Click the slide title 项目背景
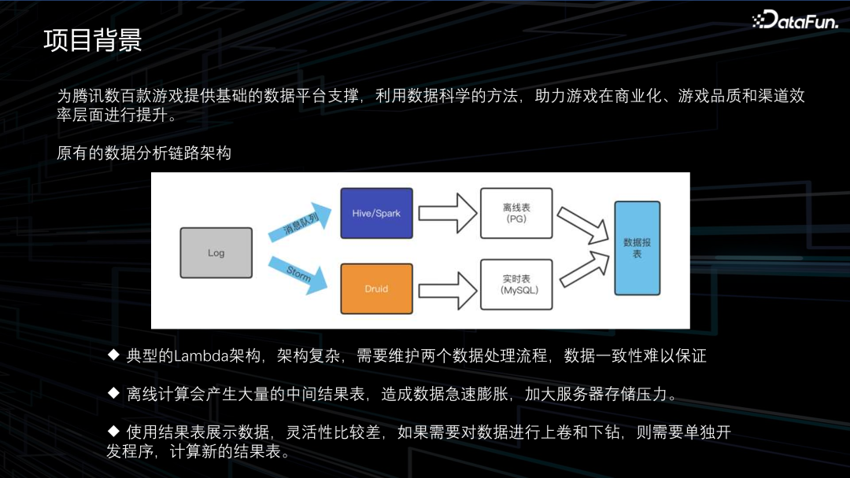92,40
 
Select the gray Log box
216,252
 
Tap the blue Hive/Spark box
376,213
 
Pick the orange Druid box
376,289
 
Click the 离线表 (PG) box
516,213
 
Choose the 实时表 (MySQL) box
516,285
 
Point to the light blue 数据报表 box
637,248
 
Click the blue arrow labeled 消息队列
299,225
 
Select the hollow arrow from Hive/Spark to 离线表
447,213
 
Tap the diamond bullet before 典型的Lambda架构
113,355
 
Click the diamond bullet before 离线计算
113,392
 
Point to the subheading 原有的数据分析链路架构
144,153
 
